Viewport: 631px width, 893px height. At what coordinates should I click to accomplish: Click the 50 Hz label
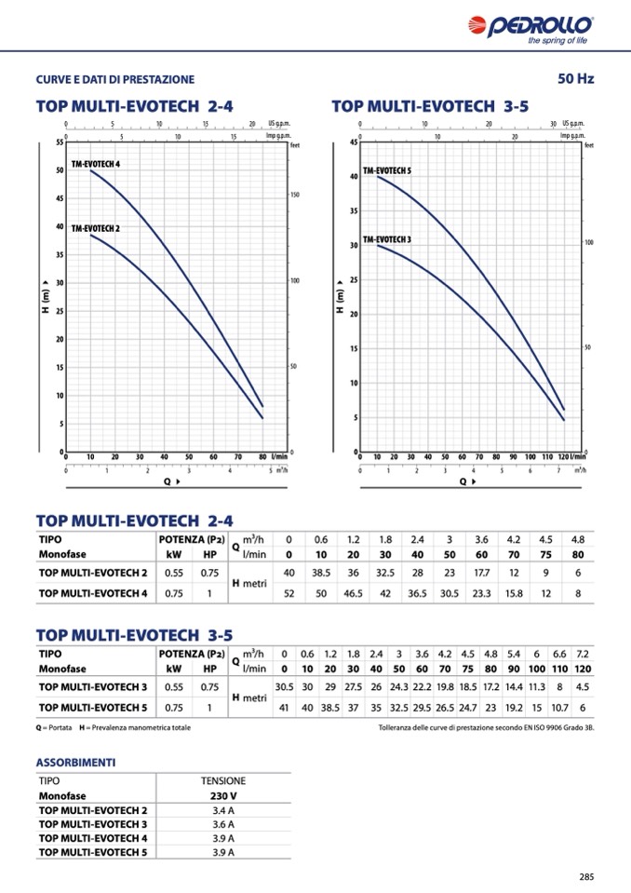click(575, 78)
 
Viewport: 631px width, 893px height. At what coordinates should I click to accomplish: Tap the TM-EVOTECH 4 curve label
click(96, 164)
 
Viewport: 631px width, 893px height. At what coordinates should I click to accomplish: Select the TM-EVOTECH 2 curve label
click(96, 228)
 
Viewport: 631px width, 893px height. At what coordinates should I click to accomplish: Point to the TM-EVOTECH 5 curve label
click(387, 171)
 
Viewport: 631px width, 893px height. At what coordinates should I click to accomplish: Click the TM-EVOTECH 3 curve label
click(387, 239)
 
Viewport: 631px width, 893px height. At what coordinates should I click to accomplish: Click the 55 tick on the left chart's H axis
click(59, 142)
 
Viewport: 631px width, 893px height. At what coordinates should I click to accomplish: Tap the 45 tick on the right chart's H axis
click(354, 142)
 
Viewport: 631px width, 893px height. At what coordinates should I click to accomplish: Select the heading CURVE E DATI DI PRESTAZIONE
click(115, 79)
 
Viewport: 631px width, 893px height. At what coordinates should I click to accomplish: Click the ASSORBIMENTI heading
click(76, 762)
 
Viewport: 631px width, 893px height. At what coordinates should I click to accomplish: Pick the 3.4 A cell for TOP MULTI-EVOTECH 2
click(223, 810)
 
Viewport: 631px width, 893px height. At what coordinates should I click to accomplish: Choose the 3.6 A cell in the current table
click(223, 824)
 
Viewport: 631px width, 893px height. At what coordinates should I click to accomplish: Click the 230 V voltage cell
click(223, 796)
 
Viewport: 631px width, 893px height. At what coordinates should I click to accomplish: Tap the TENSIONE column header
click(223, 781)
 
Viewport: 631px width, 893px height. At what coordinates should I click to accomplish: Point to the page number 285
click(585, 876)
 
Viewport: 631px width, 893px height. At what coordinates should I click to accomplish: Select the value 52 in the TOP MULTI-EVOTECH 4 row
click(289, 593)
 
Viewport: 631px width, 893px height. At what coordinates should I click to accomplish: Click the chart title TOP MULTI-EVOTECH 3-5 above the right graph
click(430, 107)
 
